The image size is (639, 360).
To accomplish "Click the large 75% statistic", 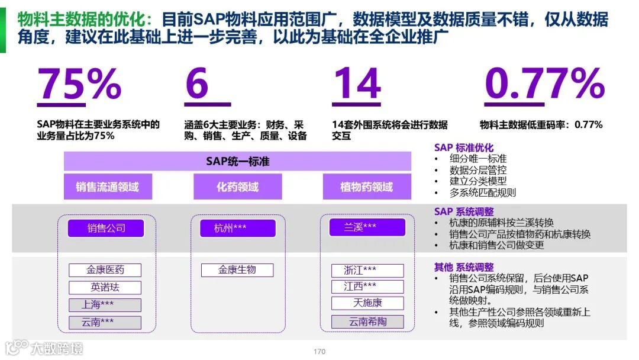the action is click(x=79, y=84).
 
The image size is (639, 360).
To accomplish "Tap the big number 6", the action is click(x=197, y=84).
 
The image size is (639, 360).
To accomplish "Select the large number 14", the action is click(x=356, y=84).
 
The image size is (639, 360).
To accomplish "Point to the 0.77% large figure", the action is click(x=544, y=84).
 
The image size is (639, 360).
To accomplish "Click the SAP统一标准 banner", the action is click(x=237, y=161).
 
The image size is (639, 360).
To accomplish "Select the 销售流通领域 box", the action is click(x=107, y=187).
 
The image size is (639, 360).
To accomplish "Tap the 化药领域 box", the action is click(x=237, y=187).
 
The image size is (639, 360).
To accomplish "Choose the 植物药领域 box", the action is click(x=367, y=187).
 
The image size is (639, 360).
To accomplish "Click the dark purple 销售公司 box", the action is click(x=106, y=229).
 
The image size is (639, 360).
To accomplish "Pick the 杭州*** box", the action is click(x=237, y=229).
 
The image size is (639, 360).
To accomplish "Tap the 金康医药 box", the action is click(x=105, y=270).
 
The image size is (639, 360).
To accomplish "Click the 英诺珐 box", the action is click(x=105, y=288).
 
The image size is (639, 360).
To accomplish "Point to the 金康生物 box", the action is click(x=237, y=270).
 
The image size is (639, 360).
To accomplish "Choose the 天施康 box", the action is click(x=367, y=303).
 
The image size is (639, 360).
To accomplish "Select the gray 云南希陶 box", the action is click(x=367, y=322).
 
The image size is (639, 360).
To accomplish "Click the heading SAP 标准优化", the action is click(x=464, y=147).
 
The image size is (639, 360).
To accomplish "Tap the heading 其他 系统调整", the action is click(x=464, y=267).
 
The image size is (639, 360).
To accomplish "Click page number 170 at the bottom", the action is click(x=319, y=352).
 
